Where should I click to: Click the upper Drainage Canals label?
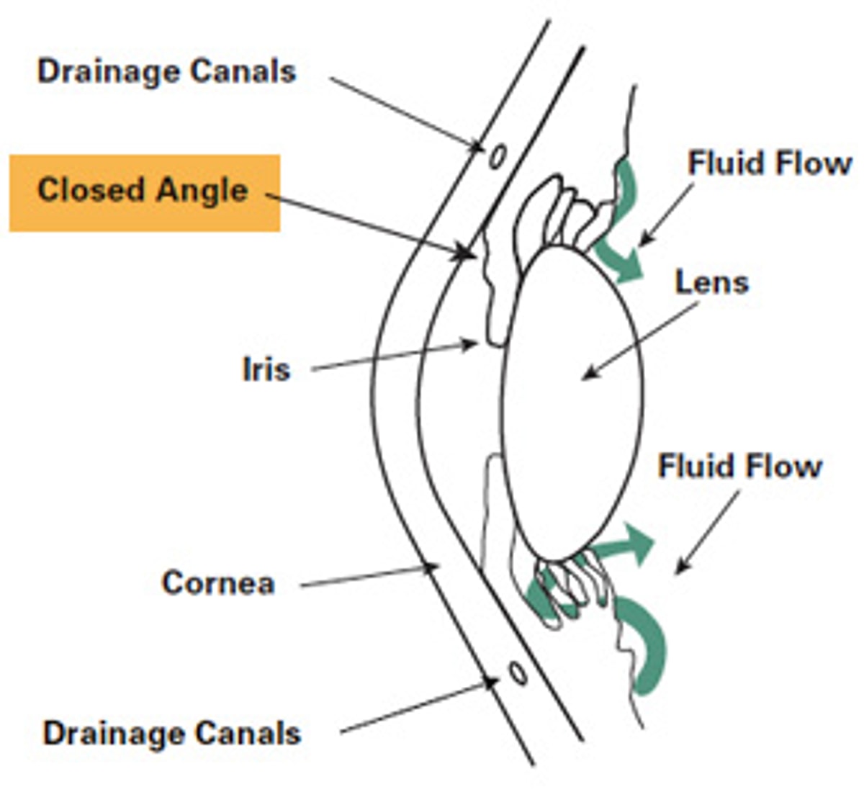pos(166,72)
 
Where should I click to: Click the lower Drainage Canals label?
pos(171,733)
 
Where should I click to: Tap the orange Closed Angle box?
pos(144,192)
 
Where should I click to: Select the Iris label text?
pos(266,369)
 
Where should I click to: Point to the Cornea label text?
pos(218,582)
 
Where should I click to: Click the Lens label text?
pos(711,282)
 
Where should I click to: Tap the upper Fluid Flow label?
pos(769,163)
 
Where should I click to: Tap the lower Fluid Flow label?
pos(739,467)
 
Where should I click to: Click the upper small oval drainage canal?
pos(497,156)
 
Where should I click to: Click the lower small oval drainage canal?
pos(517,672)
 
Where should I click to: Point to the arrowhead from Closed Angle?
pos(467,254)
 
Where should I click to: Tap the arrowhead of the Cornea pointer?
pos(431,568)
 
